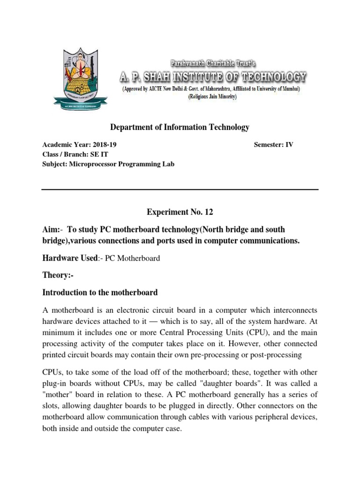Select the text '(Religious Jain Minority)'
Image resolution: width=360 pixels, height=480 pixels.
(212, 97)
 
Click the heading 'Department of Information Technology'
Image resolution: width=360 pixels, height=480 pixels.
(180, 127)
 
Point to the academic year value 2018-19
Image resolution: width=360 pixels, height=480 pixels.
(103, 145)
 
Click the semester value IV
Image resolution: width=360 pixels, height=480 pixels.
(289, 145)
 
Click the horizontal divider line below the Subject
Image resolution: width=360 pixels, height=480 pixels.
(180, 189)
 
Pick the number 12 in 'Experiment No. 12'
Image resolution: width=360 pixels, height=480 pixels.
(208, 212)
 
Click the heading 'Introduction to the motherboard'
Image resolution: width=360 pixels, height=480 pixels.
(100, 292)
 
